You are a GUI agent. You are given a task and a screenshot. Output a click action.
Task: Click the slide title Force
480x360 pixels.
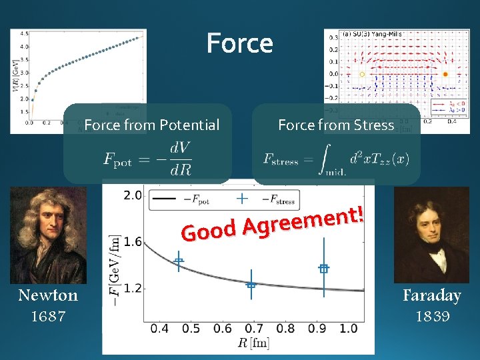pos(239,44)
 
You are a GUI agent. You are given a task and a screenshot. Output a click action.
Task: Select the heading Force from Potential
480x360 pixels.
pos(151,125)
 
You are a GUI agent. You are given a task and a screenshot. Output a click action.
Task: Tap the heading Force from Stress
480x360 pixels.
pos(336,125)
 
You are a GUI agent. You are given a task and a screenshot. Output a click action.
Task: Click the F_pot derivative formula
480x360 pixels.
pos(147,159)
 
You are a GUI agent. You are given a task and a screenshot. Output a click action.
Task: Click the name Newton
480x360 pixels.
pos(48,295)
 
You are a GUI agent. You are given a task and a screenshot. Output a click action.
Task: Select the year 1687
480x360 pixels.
pos(48,316)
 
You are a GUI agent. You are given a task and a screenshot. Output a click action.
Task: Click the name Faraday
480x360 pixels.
pos(431,295)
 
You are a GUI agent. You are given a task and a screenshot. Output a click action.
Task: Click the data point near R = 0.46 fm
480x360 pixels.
pos(179,261)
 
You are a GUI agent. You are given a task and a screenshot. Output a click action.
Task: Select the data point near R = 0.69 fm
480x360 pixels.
pos(251,285)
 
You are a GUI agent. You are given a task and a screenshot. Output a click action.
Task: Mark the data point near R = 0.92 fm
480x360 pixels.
pos(324,269)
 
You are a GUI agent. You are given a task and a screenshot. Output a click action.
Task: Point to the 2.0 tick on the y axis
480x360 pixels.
pos(133,195)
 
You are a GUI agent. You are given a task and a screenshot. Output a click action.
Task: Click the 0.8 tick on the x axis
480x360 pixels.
pos(285,329)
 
